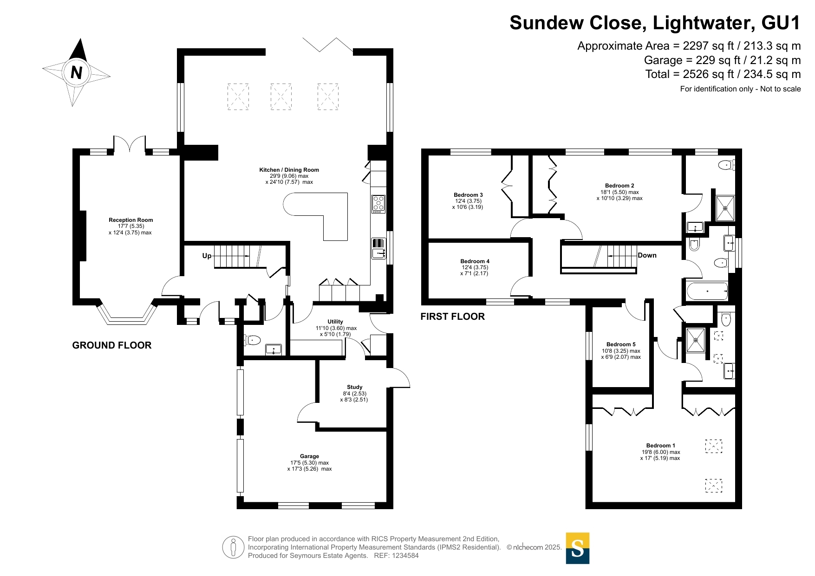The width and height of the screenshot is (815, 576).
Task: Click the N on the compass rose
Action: (x=77, y=73)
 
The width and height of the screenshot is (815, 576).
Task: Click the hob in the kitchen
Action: (x=378, y=204)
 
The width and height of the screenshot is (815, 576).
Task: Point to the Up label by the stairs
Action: (x=207, y=256)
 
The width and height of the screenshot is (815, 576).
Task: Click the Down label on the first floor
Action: (x=647, y=255)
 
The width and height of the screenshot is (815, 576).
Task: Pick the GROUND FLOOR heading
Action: (x=112, y=345)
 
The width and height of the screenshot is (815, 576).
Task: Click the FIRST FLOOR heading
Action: (x=453, y=317)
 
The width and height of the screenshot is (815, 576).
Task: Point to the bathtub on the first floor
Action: (x=707, y=291)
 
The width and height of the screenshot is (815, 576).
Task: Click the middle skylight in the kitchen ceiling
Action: (x=281, y=97)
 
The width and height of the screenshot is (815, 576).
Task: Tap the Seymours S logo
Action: (x=578, y=548)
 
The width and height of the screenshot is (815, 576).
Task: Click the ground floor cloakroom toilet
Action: (x=252, y=341)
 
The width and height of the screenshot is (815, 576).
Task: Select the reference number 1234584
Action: (x=405, y=556)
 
